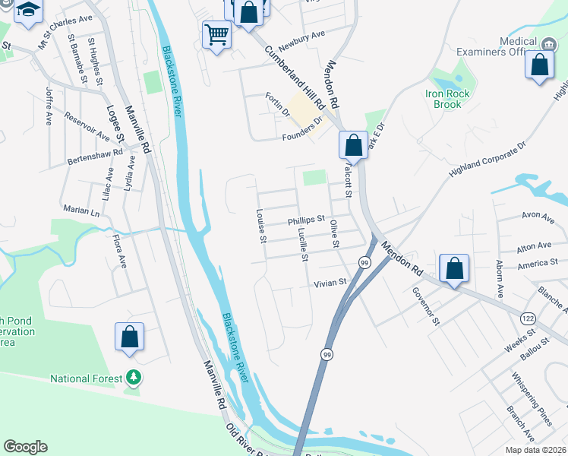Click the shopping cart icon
pyautogui.click(x=216, y=33)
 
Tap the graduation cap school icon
pyautogui.click(x=29, y=11)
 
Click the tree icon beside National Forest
pyautogui.click(x=134, y=378)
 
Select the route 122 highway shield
pyautogui.click(x=526, y=315)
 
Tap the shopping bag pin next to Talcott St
pyautogui.click(x=353, y=144)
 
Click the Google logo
pyautogui.click(x=25, y=447)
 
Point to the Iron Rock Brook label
pyautogui.click(x=448, y=100)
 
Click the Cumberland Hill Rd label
pyautogui.click(x=295, y=78)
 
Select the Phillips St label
pyautogui.click(x=306, y=220)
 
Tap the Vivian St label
pyautogui.click(x=330, y=281)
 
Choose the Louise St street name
pyautogui.click(x=260, y=226)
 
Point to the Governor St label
pyautogui.click(x=426, y=305)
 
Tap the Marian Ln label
pyautogui.click(x=81, y=210)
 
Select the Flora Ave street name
pyautogui.click(x=118, y=251)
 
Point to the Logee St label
pyautogui.click(x=115, y=124)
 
